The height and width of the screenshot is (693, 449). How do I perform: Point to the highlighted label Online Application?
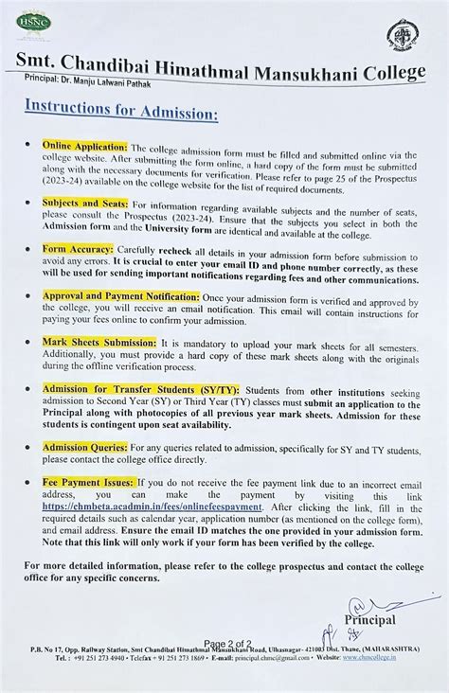tap(83, 149)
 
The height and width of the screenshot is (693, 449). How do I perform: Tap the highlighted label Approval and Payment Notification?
tap(122, 294)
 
